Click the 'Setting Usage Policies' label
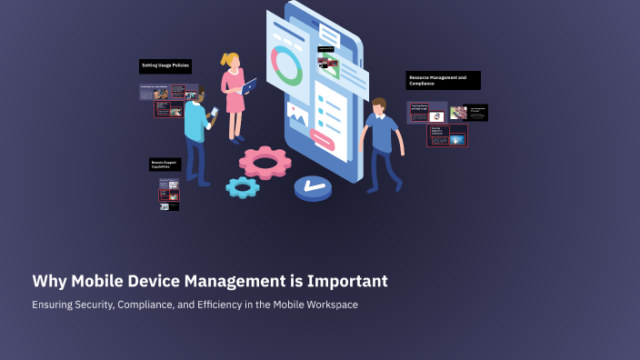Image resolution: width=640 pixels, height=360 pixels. tap(165, 66)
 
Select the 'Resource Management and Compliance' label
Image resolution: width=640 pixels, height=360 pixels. tap(443, 81)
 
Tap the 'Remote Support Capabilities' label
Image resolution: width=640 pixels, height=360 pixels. tap(165, 165)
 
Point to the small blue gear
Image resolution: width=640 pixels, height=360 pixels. tap(243, 187)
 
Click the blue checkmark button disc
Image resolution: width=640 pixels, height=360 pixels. tap(314, 188)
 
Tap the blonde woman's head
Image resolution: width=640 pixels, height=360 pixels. tap(231, 61)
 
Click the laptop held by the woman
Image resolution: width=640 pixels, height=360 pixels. tap(249, 86)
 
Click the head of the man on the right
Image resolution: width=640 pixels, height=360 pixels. tap(377, 106)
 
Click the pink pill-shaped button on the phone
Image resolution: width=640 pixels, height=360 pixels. tap(323, 138)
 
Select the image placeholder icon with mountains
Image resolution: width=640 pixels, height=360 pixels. tap(296, 113)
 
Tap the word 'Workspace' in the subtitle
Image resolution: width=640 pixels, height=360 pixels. tap(331, 305)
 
